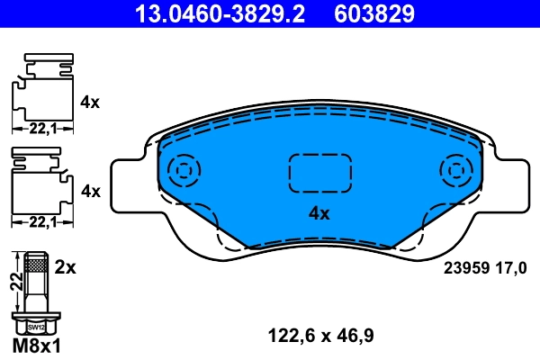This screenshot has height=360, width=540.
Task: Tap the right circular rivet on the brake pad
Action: [455, 169]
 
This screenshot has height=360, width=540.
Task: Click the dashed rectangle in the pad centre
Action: [319, 171]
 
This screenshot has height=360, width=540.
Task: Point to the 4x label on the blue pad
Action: [319, 214]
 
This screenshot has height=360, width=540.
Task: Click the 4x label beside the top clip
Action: [89, 103]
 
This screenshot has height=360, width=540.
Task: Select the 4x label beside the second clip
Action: [89, 191]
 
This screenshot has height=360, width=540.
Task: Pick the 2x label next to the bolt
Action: [65, 268]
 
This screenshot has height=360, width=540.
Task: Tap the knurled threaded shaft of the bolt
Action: [36, 265]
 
